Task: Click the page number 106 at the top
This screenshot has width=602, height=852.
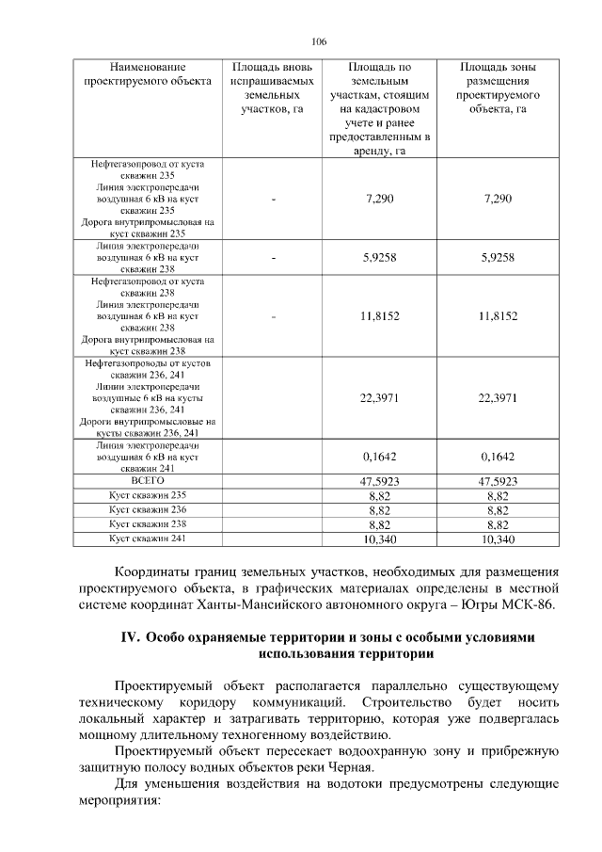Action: (319, 42)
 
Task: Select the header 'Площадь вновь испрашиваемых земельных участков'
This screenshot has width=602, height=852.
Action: (268, 88)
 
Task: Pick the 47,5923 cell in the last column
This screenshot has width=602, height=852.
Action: (498, 481)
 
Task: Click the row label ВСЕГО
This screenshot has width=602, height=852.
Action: (147, 480)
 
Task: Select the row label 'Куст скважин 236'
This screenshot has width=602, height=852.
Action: (148, 509)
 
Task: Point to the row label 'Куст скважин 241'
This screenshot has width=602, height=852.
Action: (148, 538)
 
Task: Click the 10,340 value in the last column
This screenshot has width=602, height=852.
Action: (498, 539)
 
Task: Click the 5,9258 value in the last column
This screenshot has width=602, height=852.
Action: (498, 257)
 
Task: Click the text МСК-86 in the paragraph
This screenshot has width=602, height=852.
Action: (535, 604)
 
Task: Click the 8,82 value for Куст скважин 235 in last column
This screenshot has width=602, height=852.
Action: (498, 495)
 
